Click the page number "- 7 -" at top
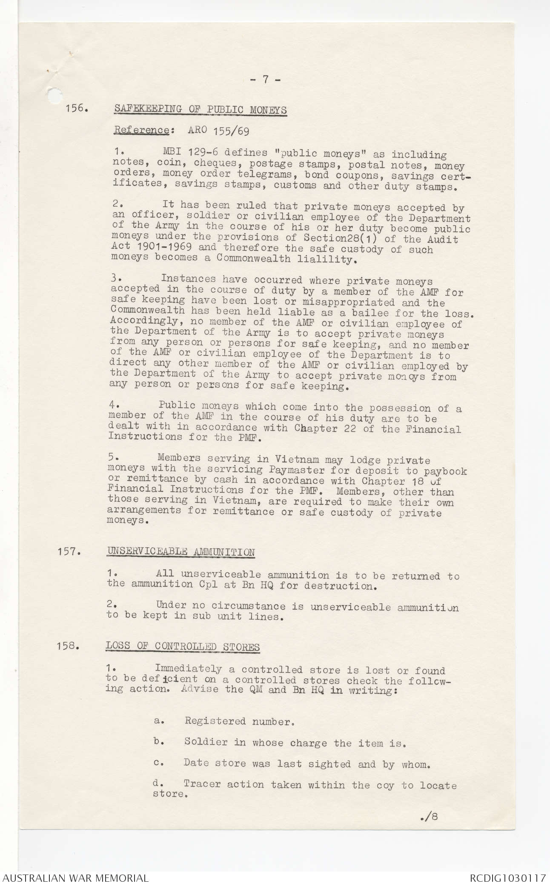pos(264,80)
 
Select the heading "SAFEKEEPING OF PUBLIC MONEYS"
pos(200,109)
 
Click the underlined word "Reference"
pos(141,130)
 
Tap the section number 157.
pos(69,552)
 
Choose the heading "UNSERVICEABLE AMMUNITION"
pos(181,552)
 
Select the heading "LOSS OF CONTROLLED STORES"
pos(183,647)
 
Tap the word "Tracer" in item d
pos(202,783)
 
